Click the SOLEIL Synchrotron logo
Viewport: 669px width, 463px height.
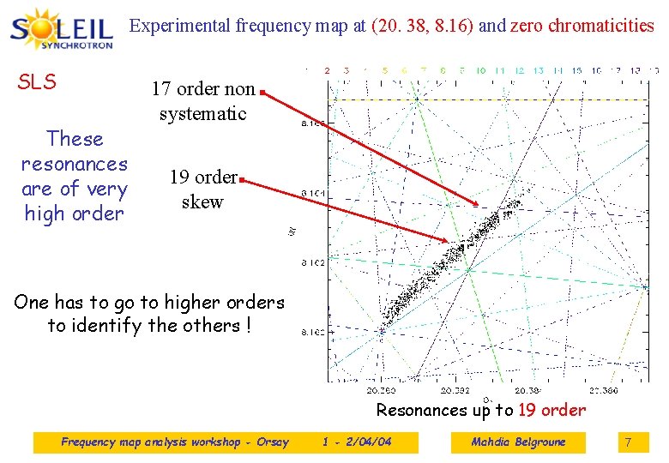(62, 29)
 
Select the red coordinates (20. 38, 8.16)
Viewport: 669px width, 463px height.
(423, 26)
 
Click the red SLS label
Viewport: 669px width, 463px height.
(37, 82)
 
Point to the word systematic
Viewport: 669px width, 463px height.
(202, 113)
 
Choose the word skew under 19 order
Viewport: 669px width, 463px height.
(202, 202)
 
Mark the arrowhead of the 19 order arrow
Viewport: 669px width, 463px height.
(447, 240)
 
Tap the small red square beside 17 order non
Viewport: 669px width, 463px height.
(262, 89)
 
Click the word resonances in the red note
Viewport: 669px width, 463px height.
(74, 164)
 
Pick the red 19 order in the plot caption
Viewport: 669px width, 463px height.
(552, 410)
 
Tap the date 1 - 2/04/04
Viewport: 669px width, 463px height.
(357, 442)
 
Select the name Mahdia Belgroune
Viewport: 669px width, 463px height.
(518, 442)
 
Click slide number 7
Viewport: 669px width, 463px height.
(628, 442)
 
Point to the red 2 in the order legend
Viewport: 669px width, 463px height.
(326, 69)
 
